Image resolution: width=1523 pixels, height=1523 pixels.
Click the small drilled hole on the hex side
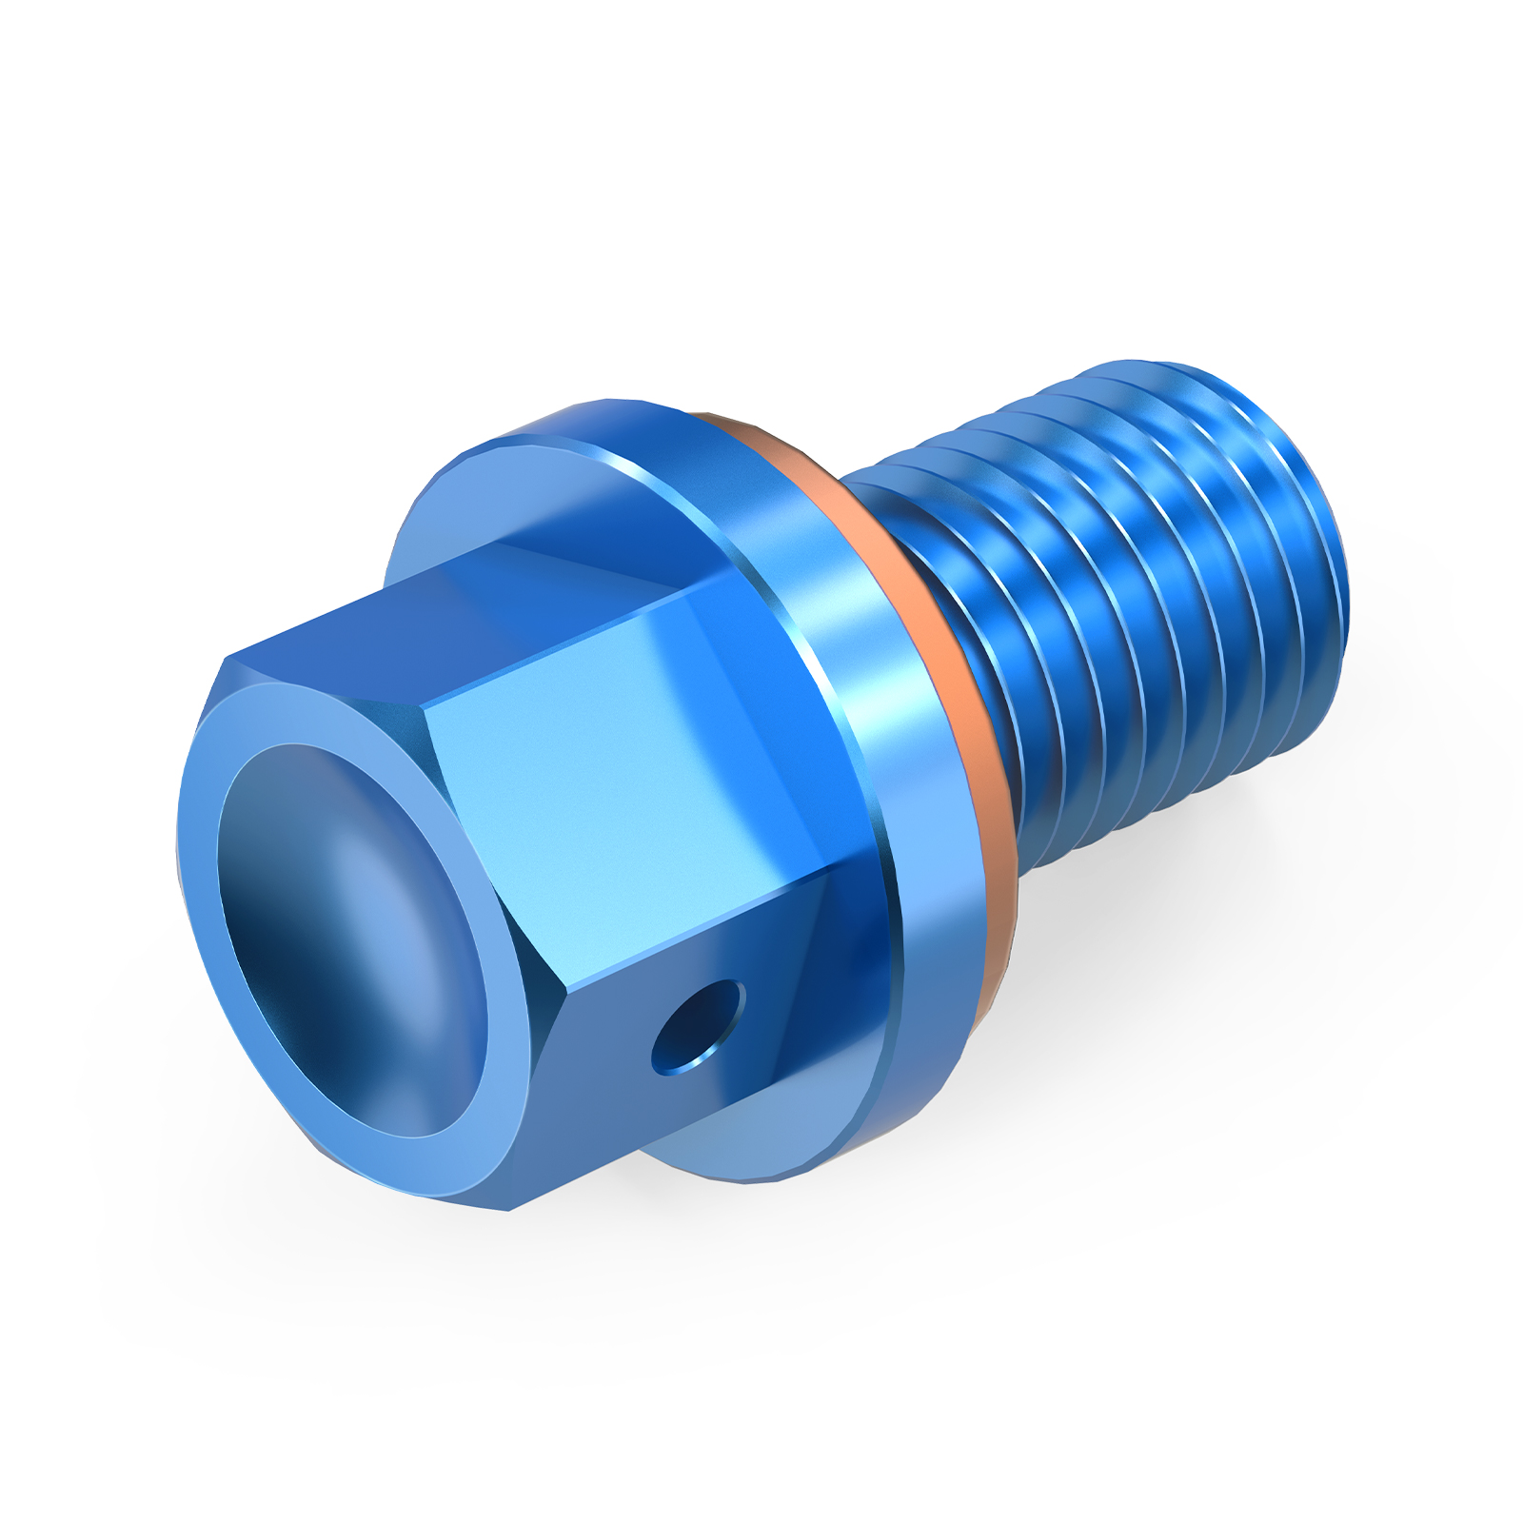pyautogui.click(x=698, y=1028)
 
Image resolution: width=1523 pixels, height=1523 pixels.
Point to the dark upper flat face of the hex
pyautogui.click(x=476, y=609)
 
